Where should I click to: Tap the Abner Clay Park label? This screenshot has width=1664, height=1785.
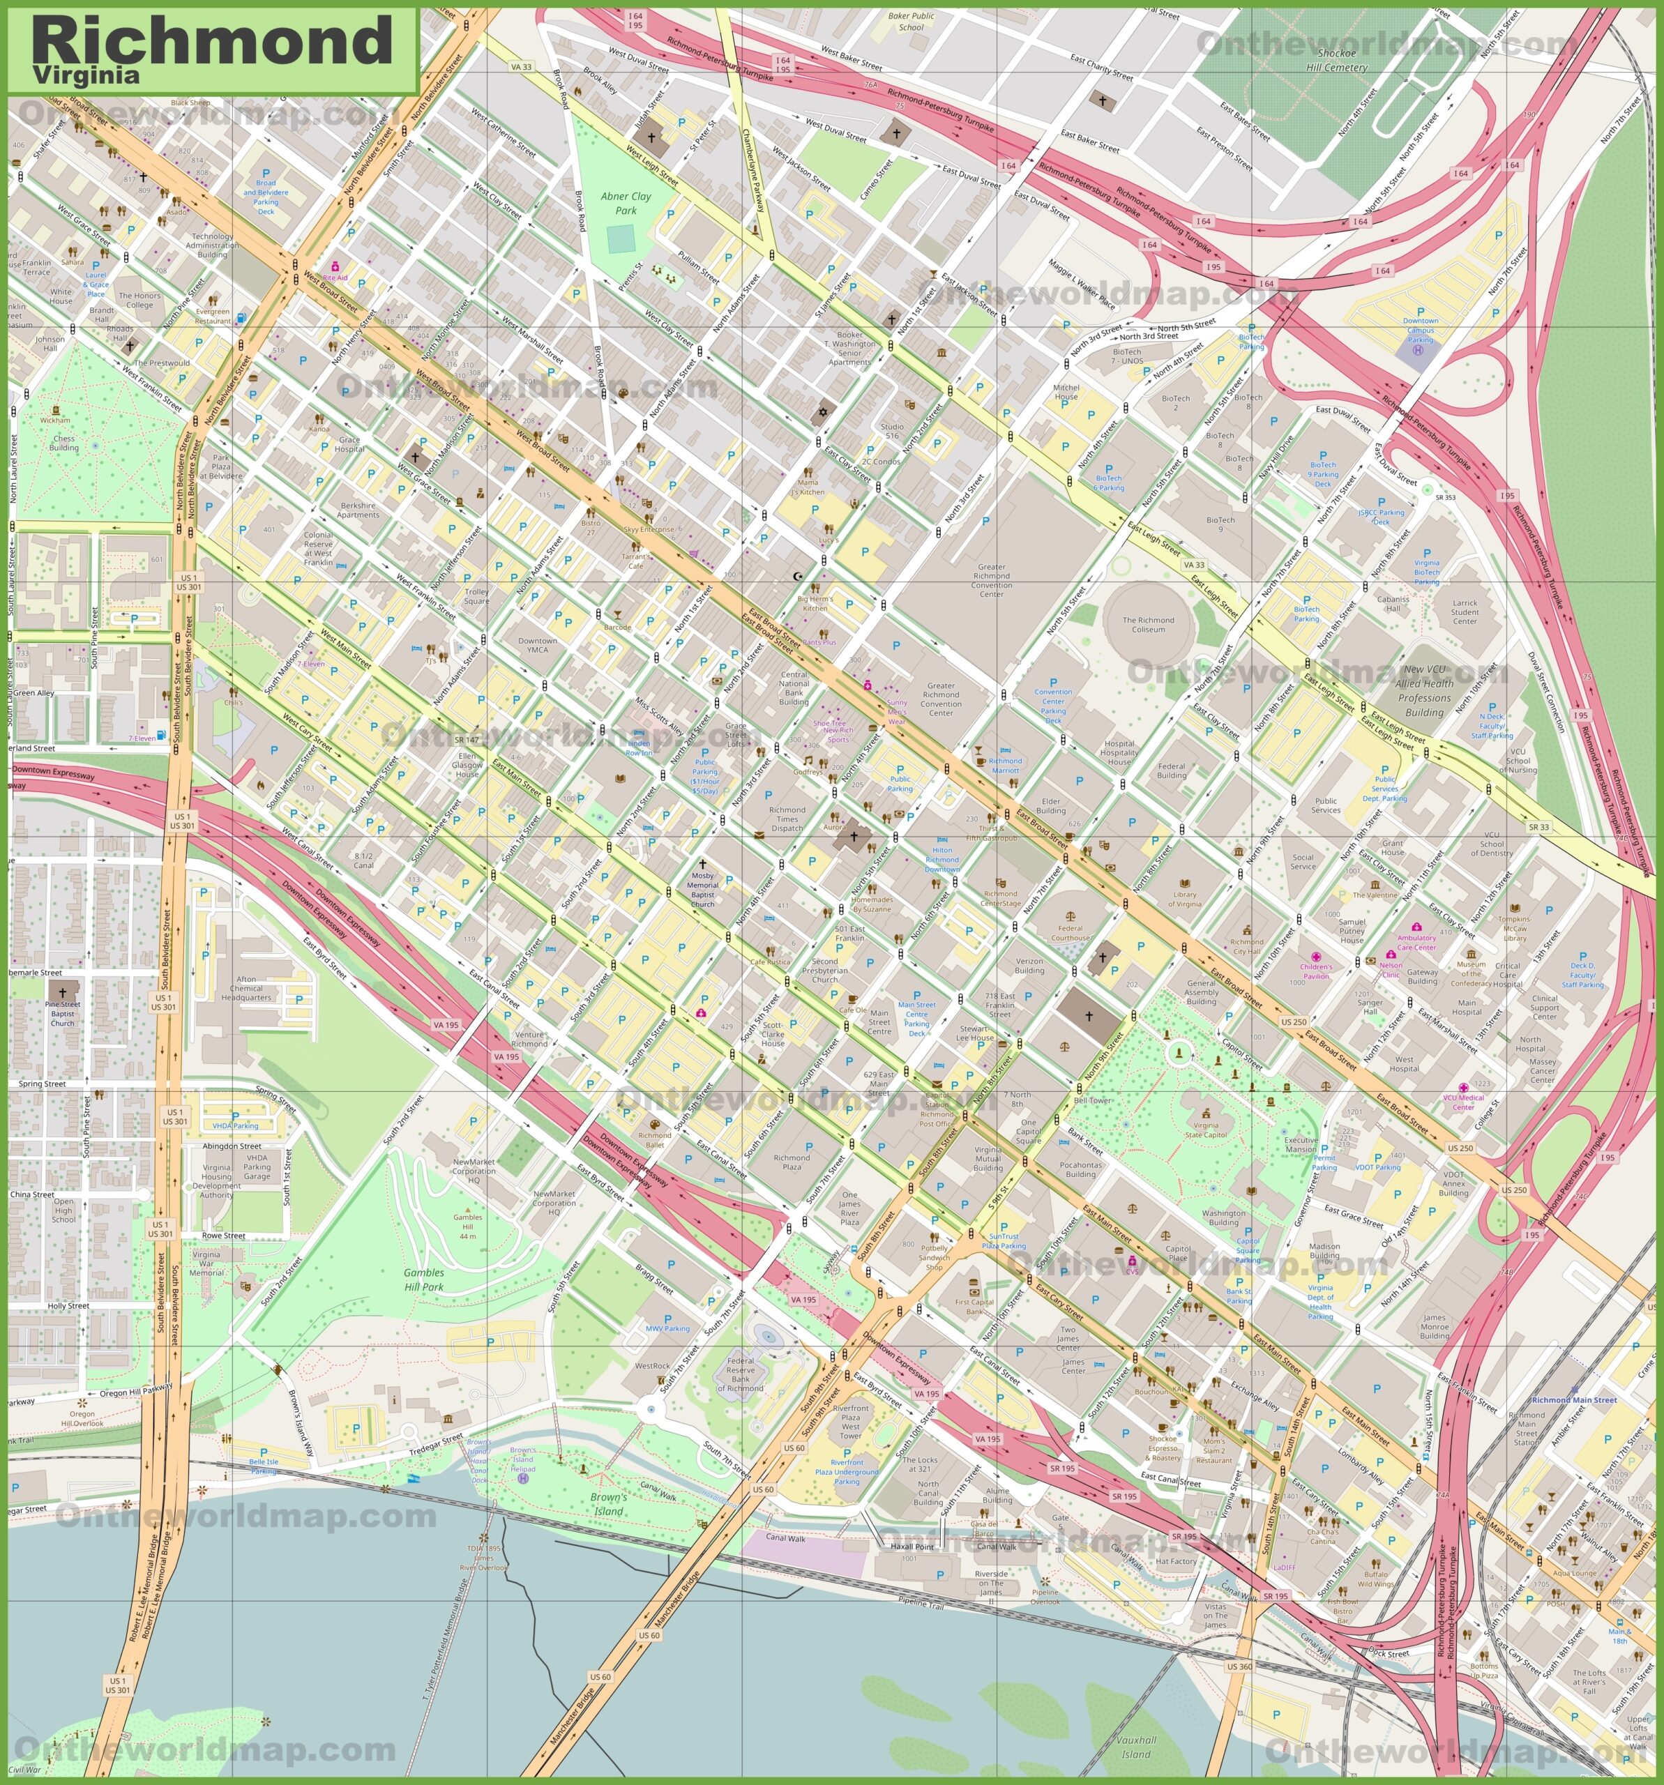[x=626, y=204]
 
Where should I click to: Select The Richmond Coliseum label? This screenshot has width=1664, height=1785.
[x=1148, y=625]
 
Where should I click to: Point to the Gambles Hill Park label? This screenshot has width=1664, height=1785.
[x=424, y=1279]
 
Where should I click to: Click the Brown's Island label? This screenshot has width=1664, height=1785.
[x=608, y=1504]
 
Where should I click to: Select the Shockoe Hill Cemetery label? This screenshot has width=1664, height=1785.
[x=1336, y=60]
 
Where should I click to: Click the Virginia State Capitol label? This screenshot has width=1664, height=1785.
[x=1206, y=1130]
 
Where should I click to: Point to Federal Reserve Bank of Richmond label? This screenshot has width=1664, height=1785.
[x=741, y=1373]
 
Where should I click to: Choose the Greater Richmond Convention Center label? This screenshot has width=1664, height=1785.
[x=992, y=580]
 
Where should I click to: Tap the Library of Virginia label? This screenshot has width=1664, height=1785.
[x=1183, y=899]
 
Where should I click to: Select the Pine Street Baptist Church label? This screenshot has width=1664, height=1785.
[x=63, y=1014]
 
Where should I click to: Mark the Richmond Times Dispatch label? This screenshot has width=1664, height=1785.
[x=787, y=819]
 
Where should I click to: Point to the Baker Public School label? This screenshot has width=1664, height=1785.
[x=911, y=21]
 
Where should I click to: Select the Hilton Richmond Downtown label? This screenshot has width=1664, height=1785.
[x=942, y=859]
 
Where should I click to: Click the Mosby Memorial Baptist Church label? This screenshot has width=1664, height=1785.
[x=702, y=890]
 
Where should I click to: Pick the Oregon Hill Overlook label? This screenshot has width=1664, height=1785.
[x=82, y=1418]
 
